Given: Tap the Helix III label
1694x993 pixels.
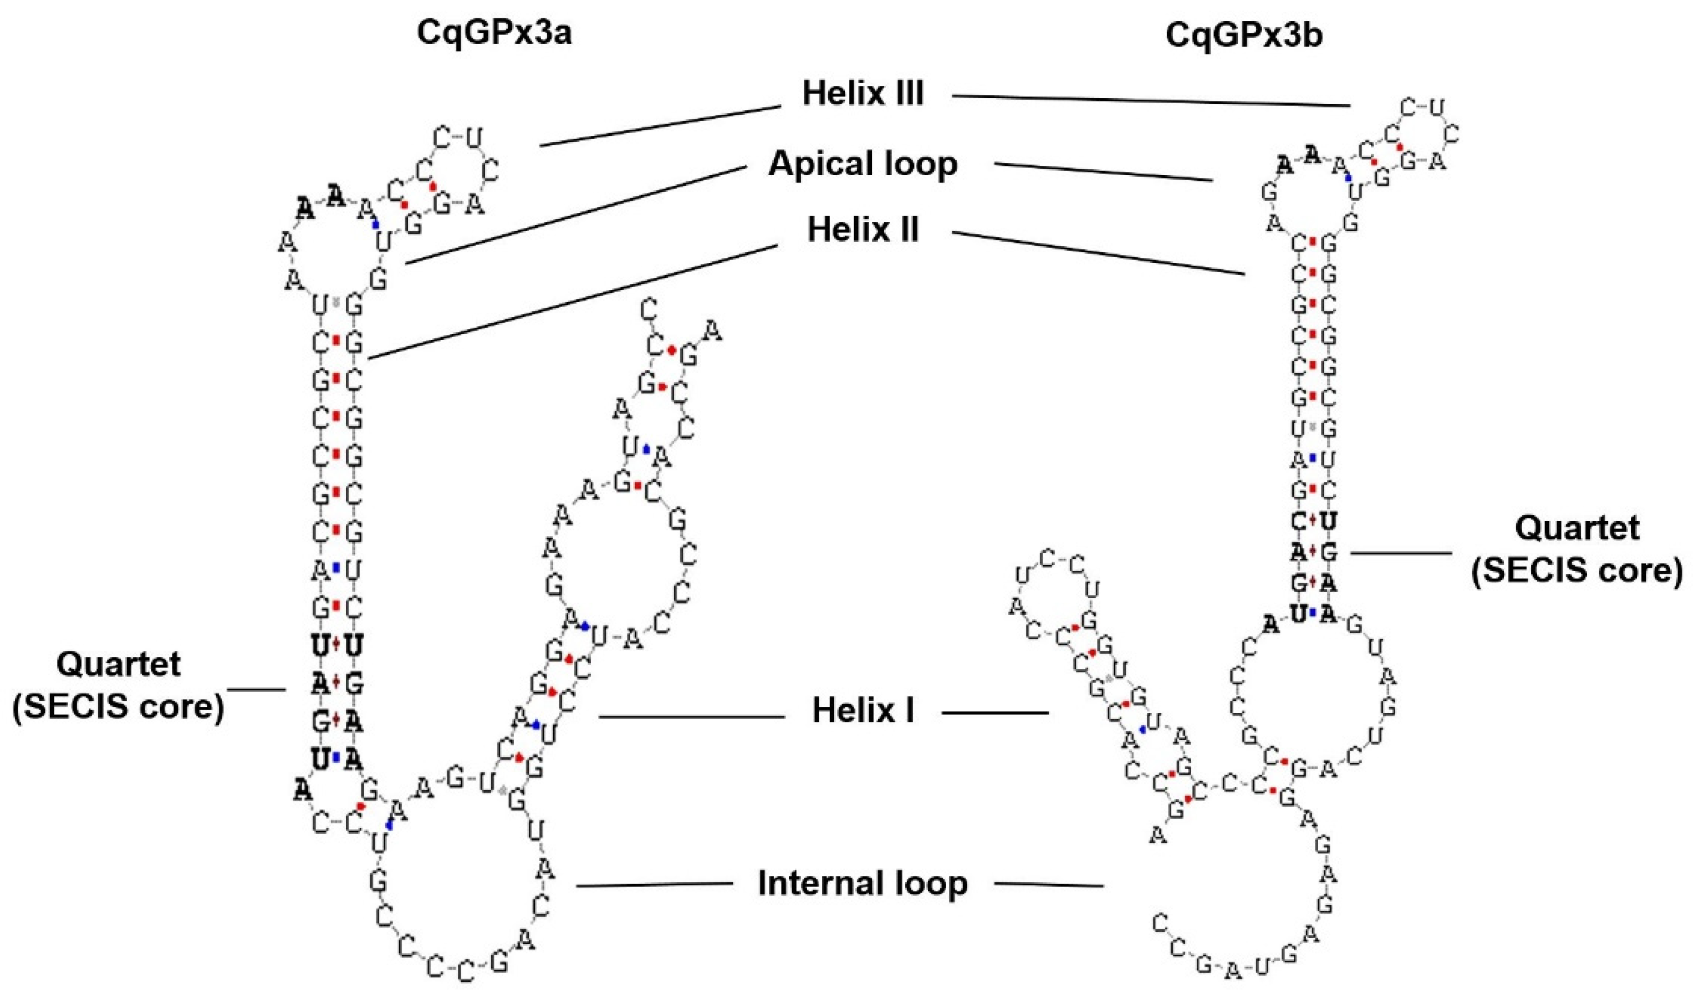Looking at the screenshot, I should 863,94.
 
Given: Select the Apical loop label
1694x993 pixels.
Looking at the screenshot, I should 863,164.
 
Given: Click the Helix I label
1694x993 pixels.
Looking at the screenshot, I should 863,711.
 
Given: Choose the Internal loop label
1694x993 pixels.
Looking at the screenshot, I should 863,883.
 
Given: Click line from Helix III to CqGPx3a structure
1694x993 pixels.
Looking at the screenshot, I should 659,126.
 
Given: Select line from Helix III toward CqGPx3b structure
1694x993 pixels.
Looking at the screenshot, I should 1150,101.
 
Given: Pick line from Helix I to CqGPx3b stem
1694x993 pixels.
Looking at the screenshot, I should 995,712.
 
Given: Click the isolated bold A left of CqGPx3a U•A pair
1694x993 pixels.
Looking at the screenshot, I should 303,791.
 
